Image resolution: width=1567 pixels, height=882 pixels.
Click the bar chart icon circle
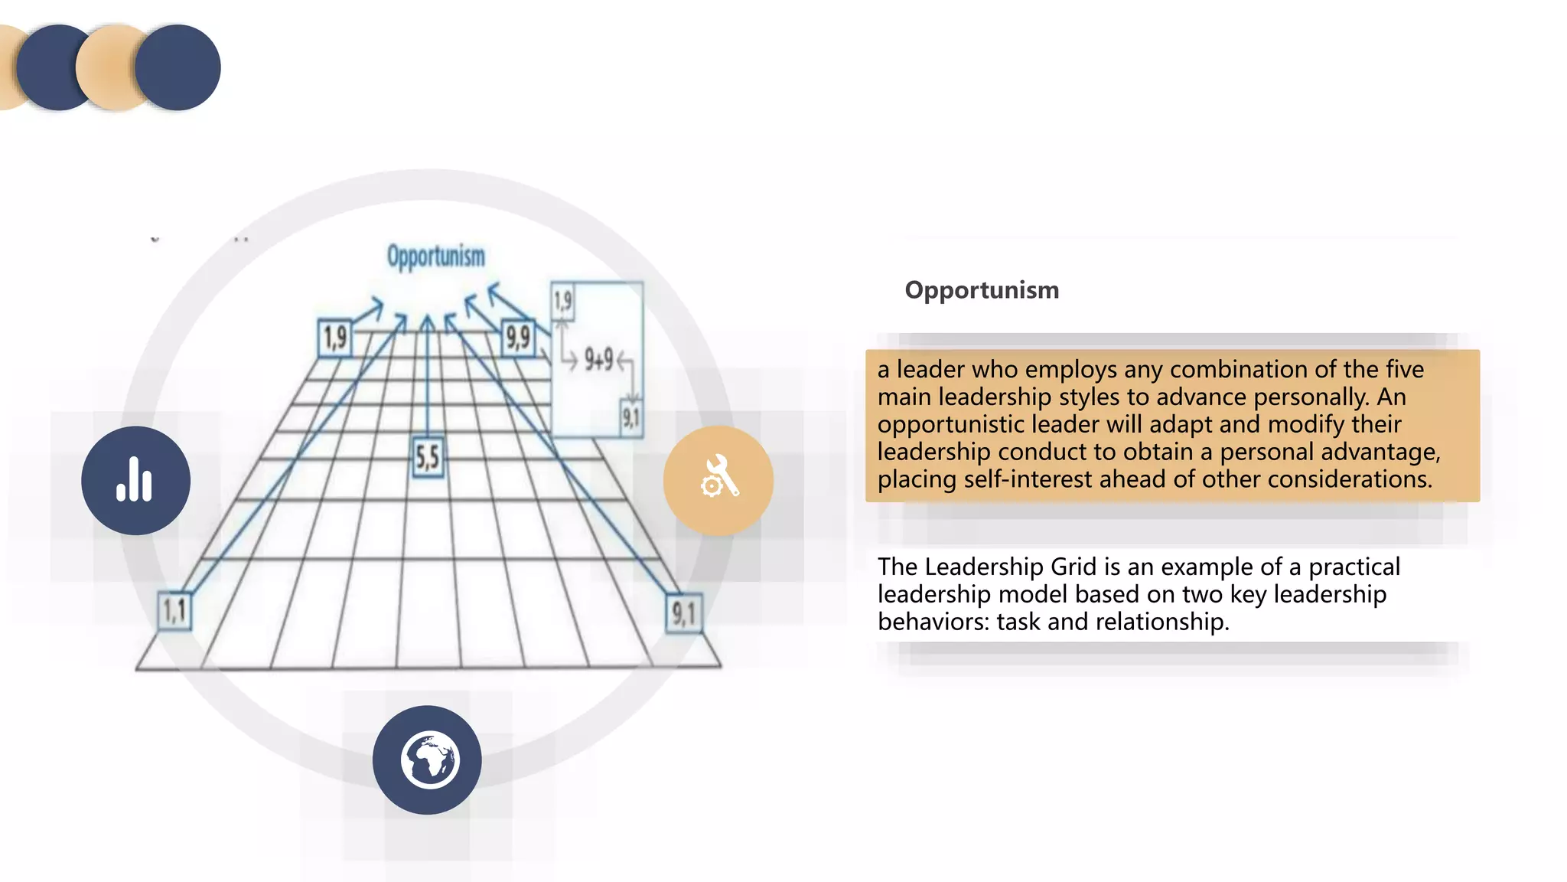click(x=135, y=481)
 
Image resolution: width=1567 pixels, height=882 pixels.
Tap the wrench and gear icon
click(x=718, y=480)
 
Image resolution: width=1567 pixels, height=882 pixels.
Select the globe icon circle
click(x=427, y=759)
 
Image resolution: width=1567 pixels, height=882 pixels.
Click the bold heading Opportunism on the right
click(x=982, y=290)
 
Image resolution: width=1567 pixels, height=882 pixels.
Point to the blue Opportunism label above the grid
click(x=435, y=256)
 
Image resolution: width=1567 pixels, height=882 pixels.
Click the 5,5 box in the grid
click(x=428, y=458)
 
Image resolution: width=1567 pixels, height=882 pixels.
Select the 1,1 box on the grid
click(x=174, y=611)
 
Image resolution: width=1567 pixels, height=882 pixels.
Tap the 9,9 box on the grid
click(x=518, y=337)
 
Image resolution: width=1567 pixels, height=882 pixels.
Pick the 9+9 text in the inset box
click(x=598, y=358)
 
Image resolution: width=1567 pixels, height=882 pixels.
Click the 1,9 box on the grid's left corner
click(x=335, y=338)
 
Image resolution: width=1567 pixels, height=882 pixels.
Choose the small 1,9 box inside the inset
click(x=562, y=301)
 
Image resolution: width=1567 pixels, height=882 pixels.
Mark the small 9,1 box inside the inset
click(x=630, y=418)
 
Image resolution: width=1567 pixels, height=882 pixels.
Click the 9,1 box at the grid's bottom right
click(x=683, y=613)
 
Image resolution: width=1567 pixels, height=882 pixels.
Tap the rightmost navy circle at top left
click(x=178, y=67)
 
